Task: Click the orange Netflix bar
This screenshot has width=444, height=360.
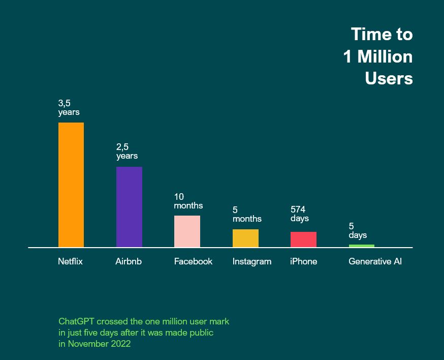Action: pyautogui.click(x=71, y=185)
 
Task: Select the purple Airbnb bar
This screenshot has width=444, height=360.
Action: pyautogui.click(x=129, y=206)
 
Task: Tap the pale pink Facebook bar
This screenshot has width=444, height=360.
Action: pyautogui.click(x=187, y=231)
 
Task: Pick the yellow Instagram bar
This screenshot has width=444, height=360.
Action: pyautogui.click(x=245, y=238)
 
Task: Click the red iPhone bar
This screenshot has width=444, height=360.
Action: pyautogui.click(x=303, y=239)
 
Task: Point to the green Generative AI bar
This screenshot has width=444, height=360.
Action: pyautogui.click(x=361, y=246)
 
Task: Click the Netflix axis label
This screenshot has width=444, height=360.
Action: pyautogui.click(x=70, y=261)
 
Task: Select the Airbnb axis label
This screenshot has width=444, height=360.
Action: pyautogui.click(x=129, y=261)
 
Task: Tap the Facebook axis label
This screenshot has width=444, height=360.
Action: pyautogui.click(x=193, y=261)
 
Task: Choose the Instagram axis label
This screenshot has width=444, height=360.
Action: pyautogui.click(x=252, y=261)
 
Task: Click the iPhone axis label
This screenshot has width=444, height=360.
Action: pyautogui.click(x=303, y=261)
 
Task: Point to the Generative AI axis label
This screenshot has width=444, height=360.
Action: pyautogui.click(x=375, y=261)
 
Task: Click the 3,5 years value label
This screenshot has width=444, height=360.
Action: pyautogui.click(x=69, y=108)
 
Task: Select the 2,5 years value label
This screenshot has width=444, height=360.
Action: pyautogui.click(x=126, y=152)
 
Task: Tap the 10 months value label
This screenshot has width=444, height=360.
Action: pyautogui.click(x=188, y=201)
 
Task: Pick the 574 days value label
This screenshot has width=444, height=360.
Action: pyautogui.click(x=299, y=214)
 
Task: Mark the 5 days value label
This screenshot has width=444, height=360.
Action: pyautogui.click(x=357, y=230)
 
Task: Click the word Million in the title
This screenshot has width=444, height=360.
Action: pyautogui.click(x=385, y=56)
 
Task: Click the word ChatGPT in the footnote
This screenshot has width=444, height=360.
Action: pyautogui.click(x=77, y=321)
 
